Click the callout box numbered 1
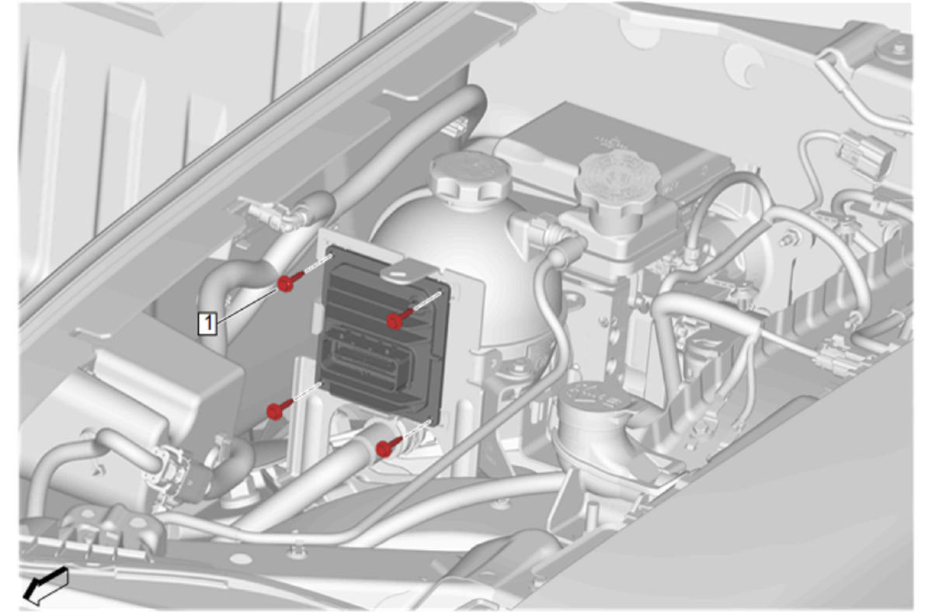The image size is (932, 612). [x=207, y=324]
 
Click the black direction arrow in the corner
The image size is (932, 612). [x=45, y=585]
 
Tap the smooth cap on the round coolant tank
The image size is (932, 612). [x=470, y=176]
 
